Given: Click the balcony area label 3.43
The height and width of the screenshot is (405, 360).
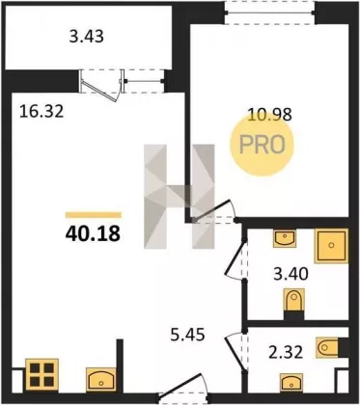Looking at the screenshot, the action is point(87,37).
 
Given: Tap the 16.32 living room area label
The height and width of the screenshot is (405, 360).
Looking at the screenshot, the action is point(42,112).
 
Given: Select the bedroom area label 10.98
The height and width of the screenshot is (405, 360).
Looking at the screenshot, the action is point(269,114).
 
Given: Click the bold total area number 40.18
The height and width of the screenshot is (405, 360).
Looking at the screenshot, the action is point(93,233).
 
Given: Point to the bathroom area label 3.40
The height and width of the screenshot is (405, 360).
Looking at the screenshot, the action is point(291,275).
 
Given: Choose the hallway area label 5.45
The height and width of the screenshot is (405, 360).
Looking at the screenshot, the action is point(187,336).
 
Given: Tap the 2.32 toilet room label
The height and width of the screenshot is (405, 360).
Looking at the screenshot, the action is point(285,352).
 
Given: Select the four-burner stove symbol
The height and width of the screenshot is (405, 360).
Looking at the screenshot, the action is point(42,375).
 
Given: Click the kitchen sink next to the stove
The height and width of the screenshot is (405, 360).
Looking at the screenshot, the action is point(101,380).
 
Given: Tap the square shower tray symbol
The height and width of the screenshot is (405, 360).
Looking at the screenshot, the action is point(331,246).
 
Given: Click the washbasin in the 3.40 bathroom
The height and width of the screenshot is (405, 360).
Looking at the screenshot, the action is point(285,239).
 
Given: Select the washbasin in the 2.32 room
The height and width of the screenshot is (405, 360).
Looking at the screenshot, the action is point(291,383).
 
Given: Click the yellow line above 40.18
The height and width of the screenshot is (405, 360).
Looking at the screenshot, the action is point(94,215).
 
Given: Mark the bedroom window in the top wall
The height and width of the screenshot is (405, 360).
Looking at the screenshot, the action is point(269,13).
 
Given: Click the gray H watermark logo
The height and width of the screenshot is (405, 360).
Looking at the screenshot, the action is point(180,197).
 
